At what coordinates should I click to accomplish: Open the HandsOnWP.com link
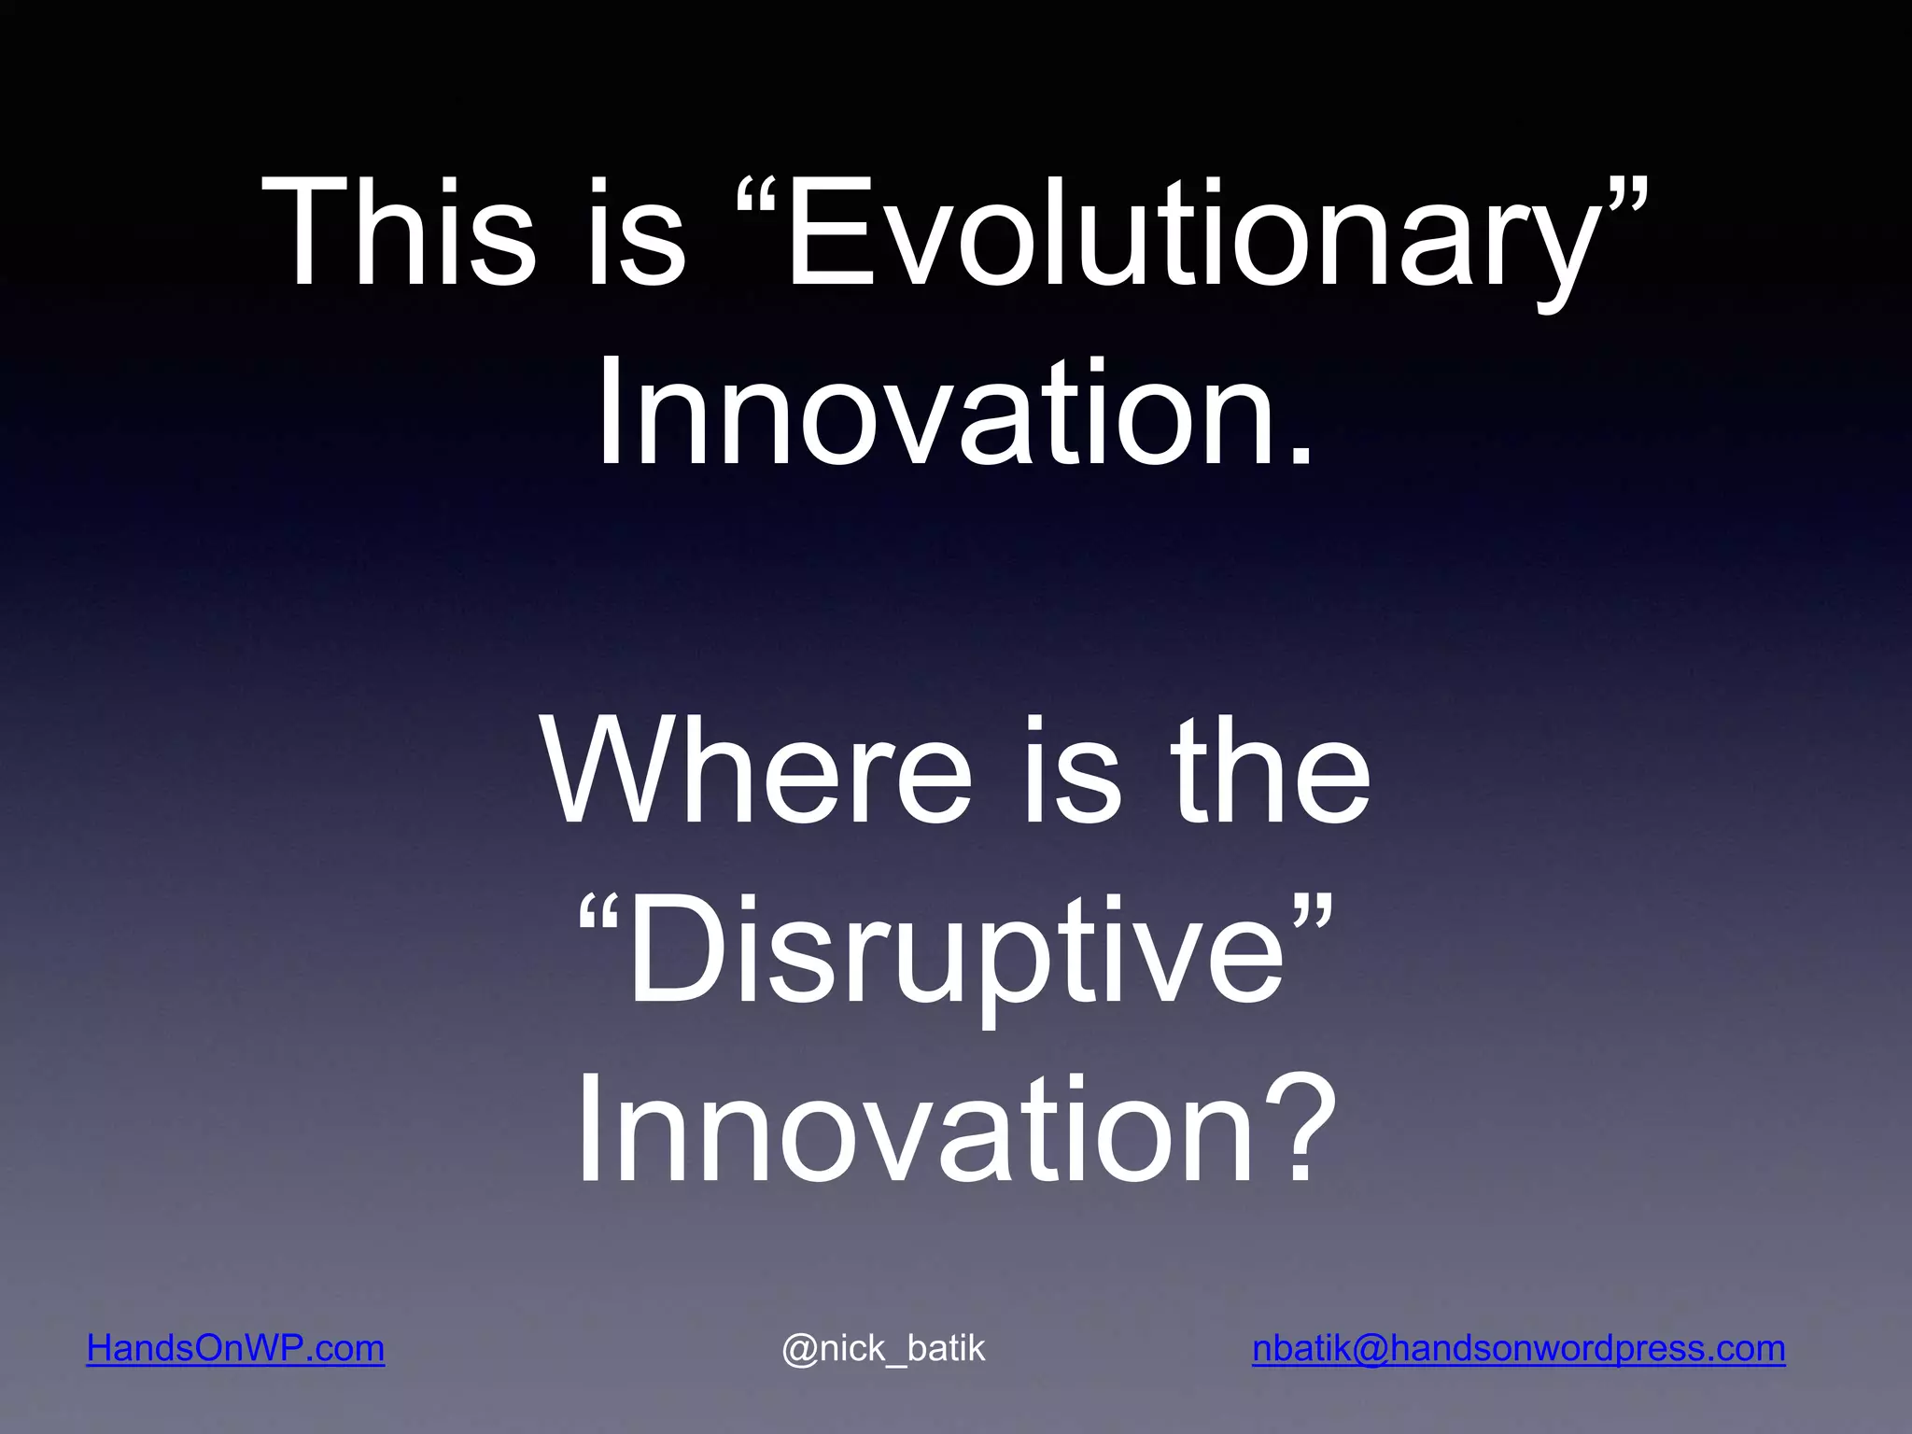(235, 1348)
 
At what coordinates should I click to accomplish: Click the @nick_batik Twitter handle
(883, 1348)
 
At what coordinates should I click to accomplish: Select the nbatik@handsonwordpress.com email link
(1518, 1348)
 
